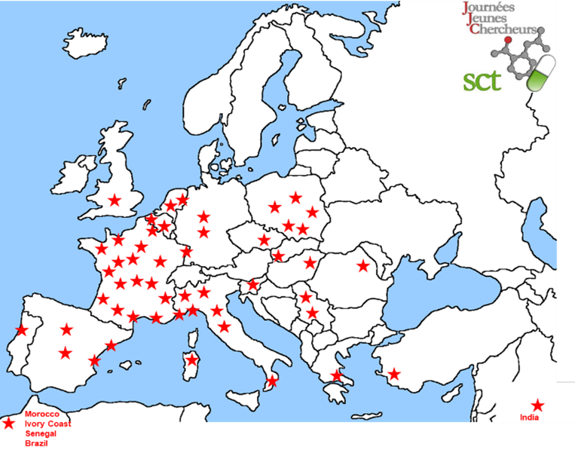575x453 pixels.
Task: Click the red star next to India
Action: coord(537,406)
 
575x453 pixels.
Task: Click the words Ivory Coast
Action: coord(47,424)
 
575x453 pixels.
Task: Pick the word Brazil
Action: coord(36,443)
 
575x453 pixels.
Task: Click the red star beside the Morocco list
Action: coord(8,425)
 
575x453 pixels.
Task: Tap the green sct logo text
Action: coord(482,80)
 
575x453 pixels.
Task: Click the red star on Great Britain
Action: coord(115,200)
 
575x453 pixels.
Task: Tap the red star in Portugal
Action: coord(21,329)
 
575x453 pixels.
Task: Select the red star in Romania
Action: coord(363,265)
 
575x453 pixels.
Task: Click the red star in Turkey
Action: coord(393,373)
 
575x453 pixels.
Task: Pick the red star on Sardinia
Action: coord(192,360)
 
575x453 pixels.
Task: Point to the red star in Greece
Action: coord(336,375)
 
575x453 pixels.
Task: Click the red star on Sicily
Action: coord(272,381)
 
